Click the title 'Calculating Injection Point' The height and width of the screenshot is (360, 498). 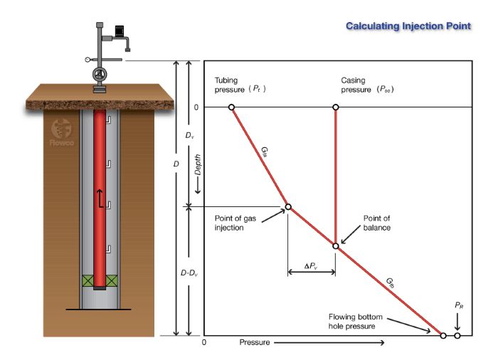click(408, 26)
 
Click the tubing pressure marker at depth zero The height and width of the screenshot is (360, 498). click(232, 107)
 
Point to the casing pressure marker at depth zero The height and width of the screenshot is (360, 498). click(336, 107)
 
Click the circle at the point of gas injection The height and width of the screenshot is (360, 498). click(288, 207)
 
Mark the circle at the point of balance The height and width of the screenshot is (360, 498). click(336, 245)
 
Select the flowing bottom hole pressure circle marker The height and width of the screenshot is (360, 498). click(443, 335)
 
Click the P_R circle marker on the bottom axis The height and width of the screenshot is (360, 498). click(457, 335)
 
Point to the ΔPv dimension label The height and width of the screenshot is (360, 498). click(311, 266)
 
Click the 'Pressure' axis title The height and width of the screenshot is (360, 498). click(254, 343)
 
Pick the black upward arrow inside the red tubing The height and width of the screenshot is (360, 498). click(100, 197)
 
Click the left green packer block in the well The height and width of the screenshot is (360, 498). click(88, 281)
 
